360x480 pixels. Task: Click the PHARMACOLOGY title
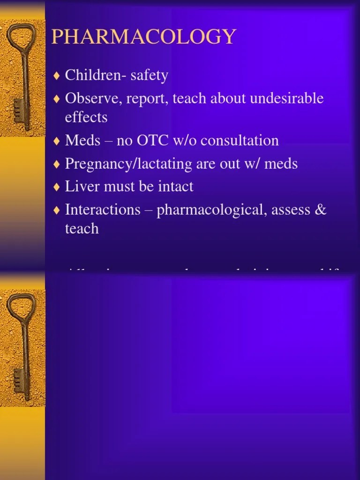coord(143,37)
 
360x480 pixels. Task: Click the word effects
coord(86,117)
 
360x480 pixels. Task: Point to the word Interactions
coord(103,210)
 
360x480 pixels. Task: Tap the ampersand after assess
coord(321,210)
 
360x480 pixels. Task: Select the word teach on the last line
coord(82,228)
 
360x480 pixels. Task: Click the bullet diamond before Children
coord(57,75)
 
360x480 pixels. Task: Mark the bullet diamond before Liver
coord(57,187)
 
